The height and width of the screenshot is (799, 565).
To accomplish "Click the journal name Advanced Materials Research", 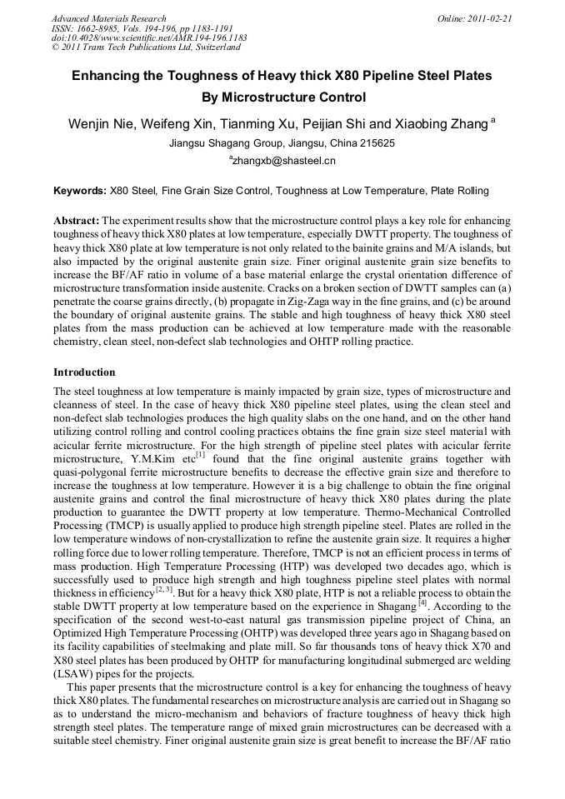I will (x=108, y=17).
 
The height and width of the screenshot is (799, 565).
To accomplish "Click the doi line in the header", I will (x=149, y=37).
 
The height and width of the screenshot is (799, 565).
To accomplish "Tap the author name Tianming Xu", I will (x=258, y=124).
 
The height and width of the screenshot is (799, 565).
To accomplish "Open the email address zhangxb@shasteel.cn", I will (x=284, y=160).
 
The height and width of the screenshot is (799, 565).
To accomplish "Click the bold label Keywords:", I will (x=80, y=191).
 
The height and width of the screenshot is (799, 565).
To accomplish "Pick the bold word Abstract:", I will (x=77, y=220).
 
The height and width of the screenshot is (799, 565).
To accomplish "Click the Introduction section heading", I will (x=84, y=372).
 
